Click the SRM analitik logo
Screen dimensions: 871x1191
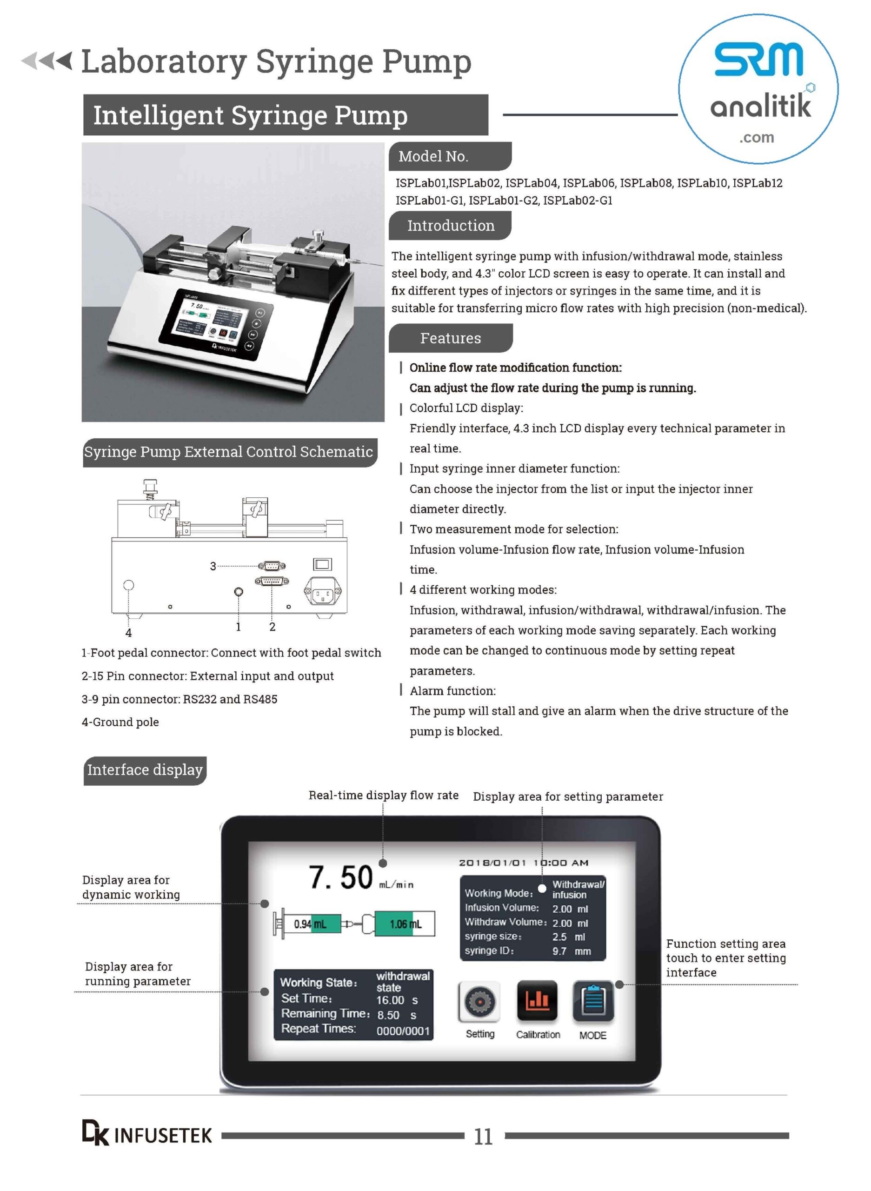(758, 88)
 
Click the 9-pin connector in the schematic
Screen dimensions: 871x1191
(272, 566)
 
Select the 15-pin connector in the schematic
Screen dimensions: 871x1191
(272, 581)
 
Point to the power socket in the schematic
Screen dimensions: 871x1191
(322, 592)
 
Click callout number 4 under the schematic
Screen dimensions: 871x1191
(128, 632)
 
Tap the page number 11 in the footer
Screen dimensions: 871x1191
(483, 1136)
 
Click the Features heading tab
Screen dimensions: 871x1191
(450, 338)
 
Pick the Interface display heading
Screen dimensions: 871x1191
(145, 770)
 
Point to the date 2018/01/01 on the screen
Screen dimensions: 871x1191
(492, 863)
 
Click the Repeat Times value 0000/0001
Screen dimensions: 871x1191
(403, 1030)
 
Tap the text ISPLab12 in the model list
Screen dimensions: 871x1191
(757, 183)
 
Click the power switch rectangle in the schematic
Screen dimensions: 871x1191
(322, 564)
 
